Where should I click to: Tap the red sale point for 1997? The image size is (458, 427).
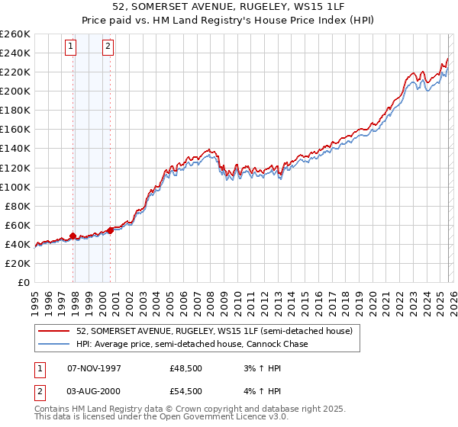(73, 236)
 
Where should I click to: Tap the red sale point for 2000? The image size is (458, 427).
(110, 230)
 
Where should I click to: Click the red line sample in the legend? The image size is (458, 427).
(53, 332)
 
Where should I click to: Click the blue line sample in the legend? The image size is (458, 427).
(53, 345)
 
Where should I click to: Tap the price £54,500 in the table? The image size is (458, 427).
(186, 391)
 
